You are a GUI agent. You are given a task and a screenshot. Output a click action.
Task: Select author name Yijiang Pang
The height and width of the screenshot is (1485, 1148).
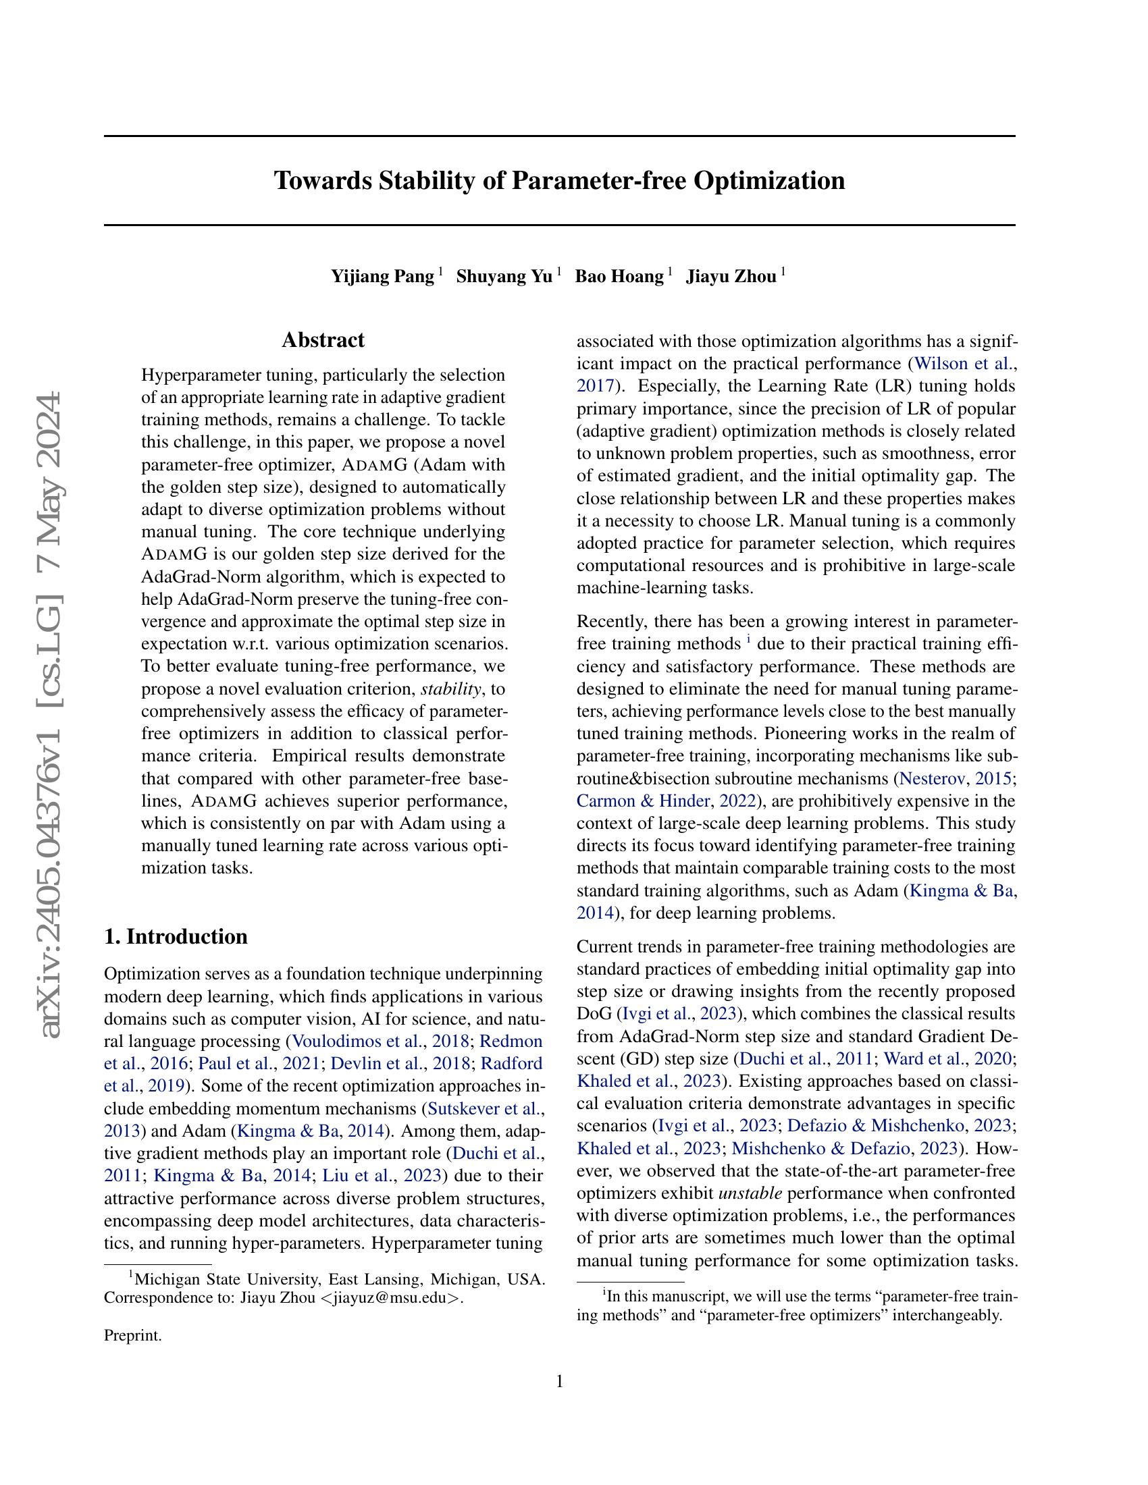[382, 277]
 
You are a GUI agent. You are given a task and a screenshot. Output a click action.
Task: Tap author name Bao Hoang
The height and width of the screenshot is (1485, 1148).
[619, 277]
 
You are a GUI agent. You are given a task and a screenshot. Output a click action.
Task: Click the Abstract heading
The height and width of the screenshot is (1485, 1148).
[323, 340]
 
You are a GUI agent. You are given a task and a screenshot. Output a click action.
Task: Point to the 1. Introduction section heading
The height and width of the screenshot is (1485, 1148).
[176, 936]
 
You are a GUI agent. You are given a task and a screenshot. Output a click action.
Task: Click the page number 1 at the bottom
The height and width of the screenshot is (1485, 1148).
[560, 1381]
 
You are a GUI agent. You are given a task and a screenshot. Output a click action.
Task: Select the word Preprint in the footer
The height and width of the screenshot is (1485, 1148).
[132, 1335]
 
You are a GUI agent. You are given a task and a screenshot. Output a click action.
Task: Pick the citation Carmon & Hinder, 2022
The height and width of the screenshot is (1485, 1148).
[667, 801]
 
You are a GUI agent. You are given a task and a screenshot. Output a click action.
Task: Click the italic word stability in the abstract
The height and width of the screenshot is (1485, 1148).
[450, 689]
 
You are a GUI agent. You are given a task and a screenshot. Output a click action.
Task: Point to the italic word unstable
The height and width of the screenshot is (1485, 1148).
[750, 1193]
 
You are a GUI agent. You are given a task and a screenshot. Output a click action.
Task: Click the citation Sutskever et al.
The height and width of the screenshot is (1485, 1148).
[484, 1109]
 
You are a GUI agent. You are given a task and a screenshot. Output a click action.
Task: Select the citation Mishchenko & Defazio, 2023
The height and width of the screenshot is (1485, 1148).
[845, 1148]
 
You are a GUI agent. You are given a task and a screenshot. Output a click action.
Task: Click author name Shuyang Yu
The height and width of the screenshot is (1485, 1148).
[504, 277]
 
